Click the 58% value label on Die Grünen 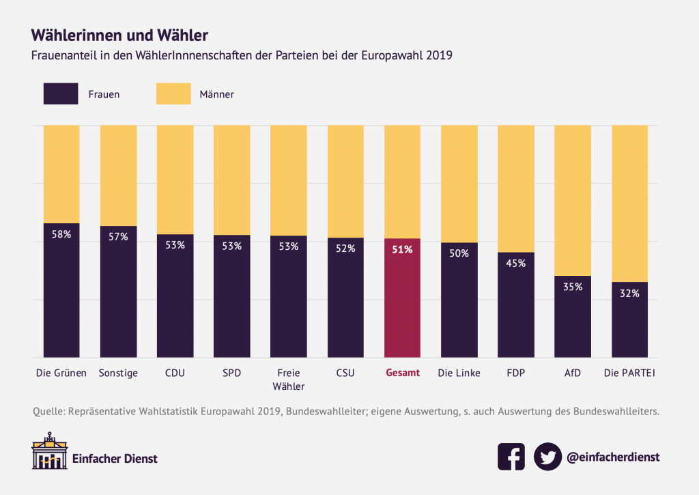61,234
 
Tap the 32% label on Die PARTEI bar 629,294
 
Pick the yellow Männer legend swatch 173,94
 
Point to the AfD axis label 572,373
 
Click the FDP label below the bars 515,373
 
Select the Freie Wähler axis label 288,380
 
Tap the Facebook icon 511,457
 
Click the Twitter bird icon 547,457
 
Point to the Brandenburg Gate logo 49,451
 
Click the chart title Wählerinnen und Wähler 119,33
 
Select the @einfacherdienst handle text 613,457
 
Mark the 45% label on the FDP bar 515,264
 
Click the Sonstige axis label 118,373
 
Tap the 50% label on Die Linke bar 459,253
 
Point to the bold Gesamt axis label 402,373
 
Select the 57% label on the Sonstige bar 118,237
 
